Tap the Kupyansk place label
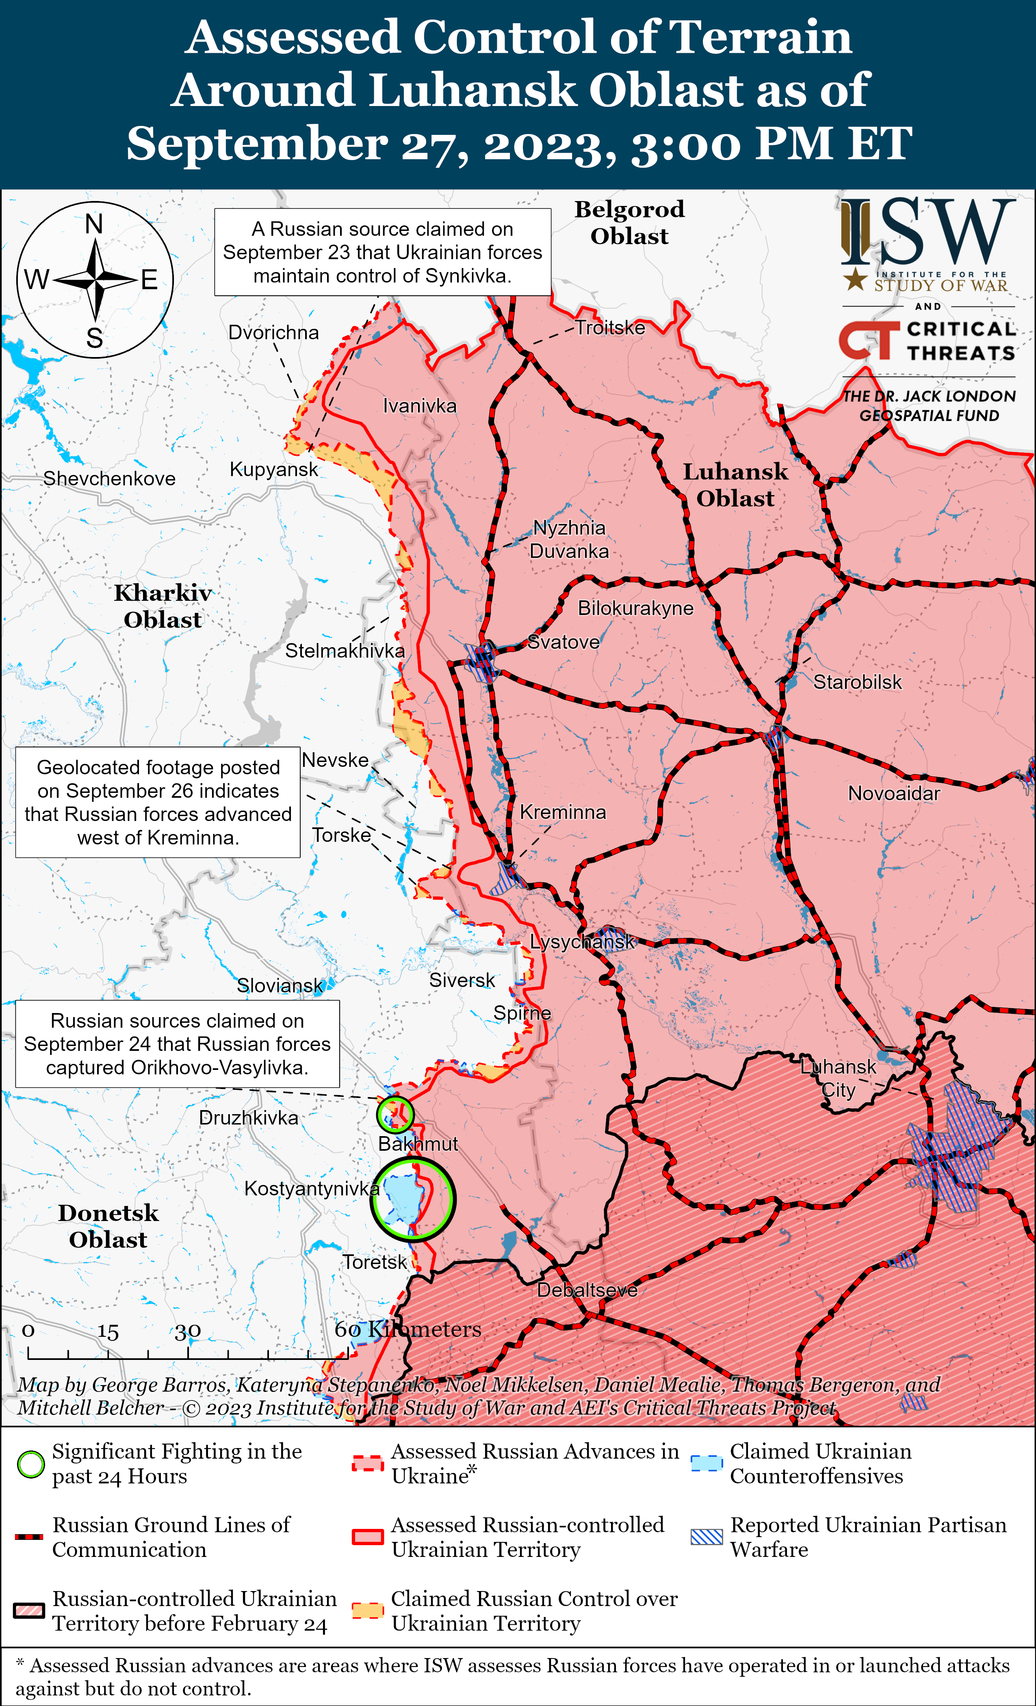[273, 470]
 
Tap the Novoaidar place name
[894, 793]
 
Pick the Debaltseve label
[587, 1290]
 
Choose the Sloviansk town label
[280, 985]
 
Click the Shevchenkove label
[109, 478]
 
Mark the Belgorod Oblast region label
[629, 222]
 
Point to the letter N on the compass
[94, 224]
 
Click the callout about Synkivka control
[382, 252]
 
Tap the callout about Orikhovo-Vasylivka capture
[177, 1044]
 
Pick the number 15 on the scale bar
[108, 1331]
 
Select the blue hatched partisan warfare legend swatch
[707, 1537]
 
